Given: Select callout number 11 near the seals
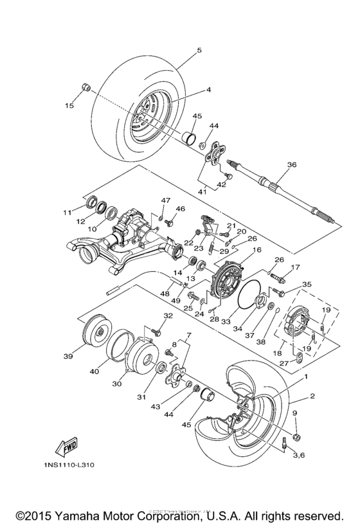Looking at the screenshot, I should [x=67, y=212].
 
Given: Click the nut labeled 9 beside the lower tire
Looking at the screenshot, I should [x=297, y=437].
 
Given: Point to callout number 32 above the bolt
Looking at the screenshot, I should [x=168, y=316].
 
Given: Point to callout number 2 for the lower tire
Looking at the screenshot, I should [x=312, y=397].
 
